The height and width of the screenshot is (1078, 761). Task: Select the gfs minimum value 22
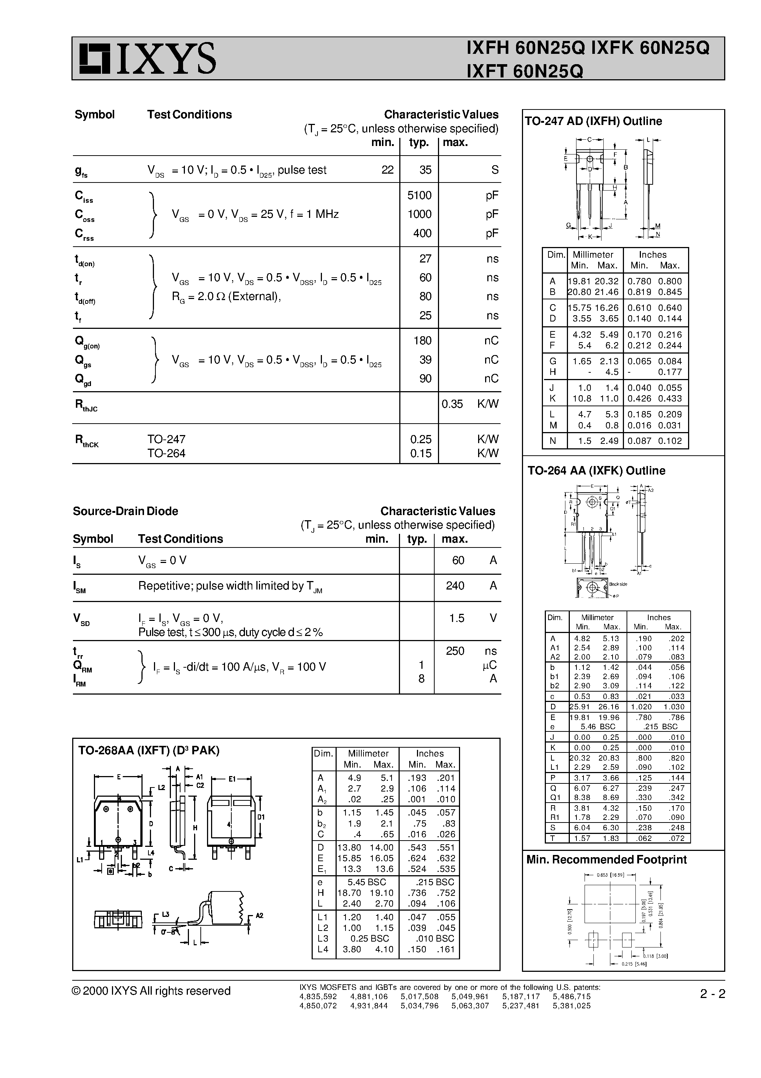(x=387, y=170)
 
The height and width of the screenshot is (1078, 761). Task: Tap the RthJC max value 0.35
(x=452, y=404)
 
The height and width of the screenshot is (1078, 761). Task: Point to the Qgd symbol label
(x=83, y=379)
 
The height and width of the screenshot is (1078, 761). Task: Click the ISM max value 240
(x=455, y=586)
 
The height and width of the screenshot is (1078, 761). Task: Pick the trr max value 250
(x=455, y=651)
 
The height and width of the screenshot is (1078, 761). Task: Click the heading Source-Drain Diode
(x=125, y=511)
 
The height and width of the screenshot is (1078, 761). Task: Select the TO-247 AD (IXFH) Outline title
(x=593, y=121)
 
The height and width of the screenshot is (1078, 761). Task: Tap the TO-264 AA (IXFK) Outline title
(x=596, y=470)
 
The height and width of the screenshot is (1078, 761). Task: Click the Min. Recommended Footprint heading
(x=606, y=860)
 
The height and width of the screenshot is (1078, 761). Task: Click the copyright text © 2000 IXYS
(x=151, y=991)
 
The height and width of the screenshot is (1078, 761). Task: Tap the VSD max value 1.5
(x=456, y=618)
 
